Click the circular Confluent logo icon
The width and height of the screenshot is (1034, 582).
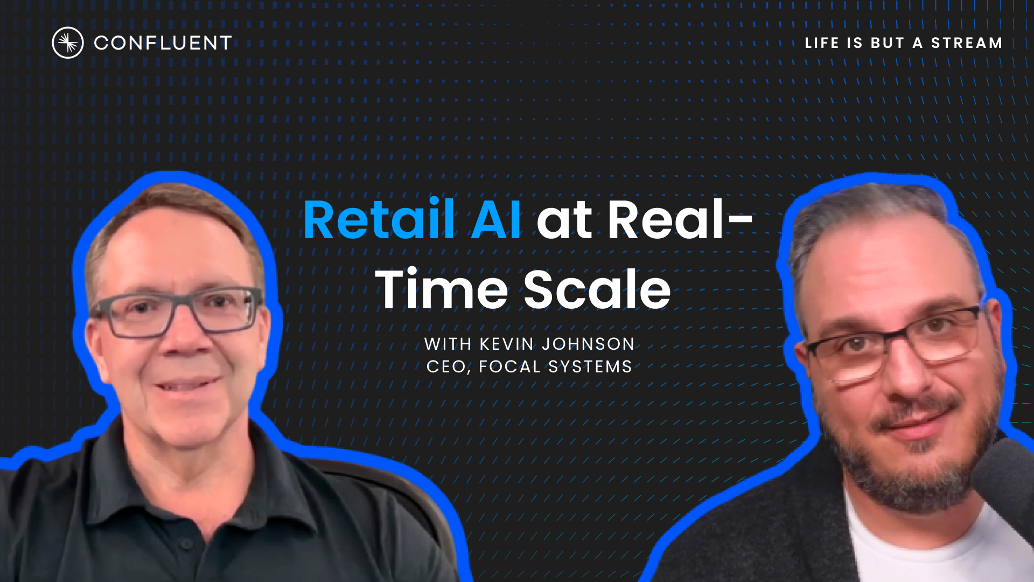coord(67,43)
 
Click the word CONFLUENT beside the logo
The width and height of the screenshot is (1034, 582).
coord(163,43)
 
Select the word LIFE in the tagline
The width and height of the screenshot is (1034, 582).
coord(822,43)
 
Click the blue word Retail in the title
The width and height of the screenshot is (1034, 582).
coord(379,220)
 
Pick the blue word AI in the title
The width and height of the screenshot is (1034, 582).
coord(495,220)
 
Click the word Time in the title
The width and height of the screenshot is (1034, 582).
coord(442,290)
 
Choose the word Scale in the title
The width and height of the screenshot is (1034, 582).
coord(597,290)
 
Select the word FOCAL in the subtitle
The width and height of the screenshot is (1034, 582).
coord(509,367)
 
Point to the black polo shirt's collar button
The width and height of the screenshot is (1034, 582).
coord(186,544)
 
